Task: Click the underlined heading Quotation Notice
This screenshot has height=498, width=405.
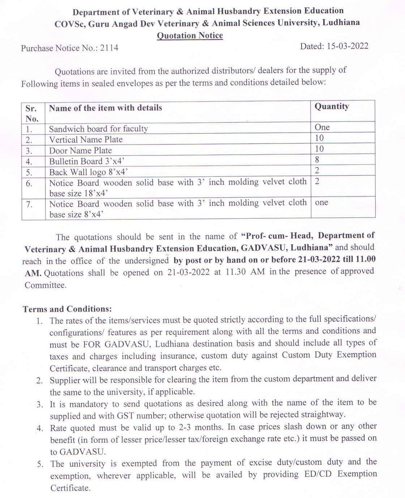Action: coord(190,35)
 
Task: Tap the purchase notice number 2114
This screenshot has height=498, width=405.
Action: coord(109,48)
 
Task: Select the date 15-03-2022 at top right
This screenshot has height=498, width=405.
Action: coord(348,46)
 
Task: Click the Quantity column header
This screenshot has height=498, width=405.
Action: coord(332,106)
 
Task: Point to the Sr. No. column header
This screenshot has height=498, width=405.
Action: coord(31,113)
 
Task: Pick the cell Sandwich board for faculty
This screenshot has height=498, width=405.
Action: coord(98,129)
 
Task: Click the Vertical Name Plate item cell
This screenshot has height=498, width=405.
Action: coord(86,139)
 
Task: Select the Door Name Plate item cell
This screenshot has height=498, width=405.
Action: coord(80,150)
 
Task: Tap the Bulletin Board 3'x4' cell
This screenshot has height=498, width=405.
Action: coord(87,161)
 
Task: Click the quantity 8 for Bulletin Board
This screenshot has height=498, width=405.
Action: coord(317,159)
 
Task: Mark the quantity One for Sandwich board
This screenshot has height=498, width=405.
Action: coord(322,127)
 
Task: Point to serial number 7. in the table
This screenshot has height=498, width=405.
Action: coord(29,204)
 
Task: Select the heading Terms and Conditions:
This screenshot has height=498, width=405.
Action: coord(67,309)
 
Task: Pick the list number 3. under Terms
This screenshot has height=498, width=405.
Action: coord(40,404)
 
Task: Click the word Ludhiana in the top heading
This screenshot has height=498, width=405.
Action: coord(341,22)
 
